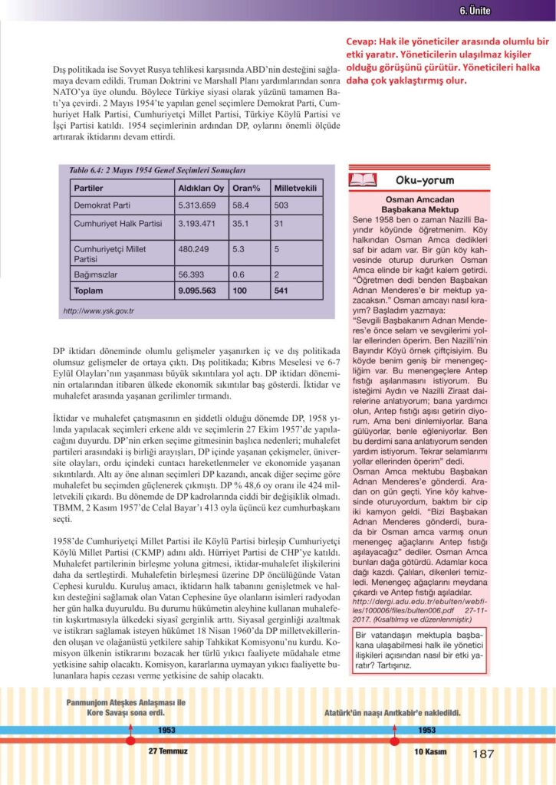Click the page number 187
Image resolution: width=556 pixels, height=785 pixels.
click(x=484, y=754)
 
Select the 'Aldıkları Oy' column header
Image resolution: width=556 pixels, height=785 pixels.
click(x=201, y=188)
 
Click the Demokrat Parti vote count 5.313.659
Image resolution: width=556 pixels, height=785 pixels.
click(x=198, y=205)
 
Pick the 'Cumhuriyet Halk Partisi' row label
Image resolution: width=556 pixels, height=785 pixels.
click(x=117, y=224)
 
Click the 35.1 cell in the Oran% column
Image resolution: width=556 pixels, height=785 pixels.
click(x=242, y=224)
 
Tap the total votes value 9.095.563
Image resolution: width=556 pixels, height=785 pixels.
click(x=198, y=291)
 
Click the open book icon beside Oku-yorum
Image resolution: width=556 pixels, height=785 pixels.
click(x=363, y=180)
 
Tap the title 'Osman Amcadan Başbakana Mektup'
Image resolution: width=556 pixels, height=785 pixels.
click(x=417, y=205)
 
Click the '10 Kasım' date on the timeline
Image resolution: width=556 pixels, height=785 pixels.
click(x=426, y=751)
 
